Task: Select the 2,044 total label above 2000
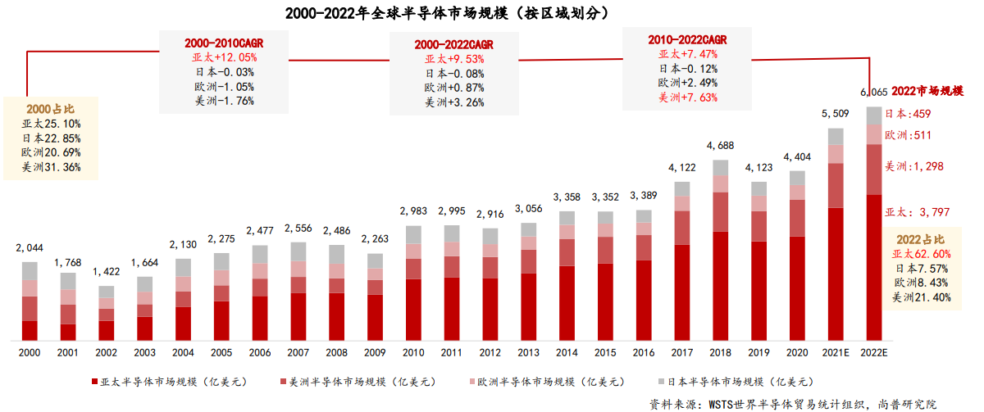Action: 30,247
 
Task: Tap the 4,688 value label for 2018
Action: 720,147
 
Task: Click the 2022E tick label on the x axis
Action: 874,352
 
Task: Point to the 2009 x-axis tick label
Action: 375,352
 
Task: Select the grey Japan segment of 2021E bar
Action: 836,136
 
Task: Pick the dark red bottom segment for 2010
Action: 413,310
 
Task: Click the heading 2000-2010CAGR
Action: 224,43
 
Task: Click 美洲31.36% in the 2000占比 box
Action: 52,167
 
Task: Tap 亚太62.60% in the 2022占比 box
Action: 921,254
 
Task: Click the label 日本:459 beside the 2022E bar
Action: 907,115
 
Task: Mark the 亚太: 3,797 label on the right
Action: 917,212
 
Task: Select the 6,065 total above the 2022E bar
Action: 873,93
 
